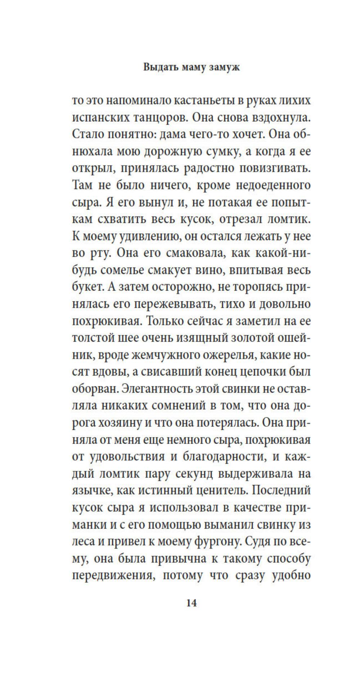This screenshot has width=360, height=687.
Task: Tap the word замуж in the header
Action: click(x=224, y=67)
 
